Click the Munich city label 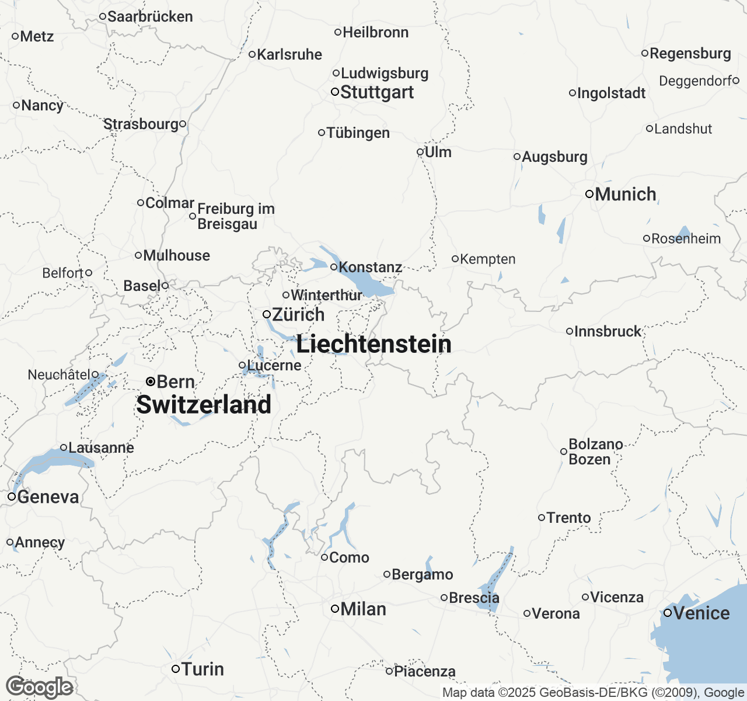coord(626,194)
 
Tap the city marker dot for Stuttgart coord(335,92)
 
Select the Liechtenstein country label coord(373,343)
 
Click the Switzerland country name coord(204,405)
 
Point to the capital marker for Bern coord(150,381)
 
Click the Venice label coord(701,613)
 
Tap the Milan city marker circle coord(335,609)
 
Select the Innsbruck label coord(608,331)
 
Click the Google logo coord(39,687)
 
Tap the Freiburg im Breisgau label coord(235,216)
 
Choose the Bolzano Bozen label coord(595,452)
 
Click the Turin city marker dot coord(175,669)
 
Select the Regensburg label coord(690,53)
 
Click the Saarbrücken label coord(150,16)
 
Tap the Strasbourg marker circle coord(183,124)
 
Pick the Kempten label coord(488,259)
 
